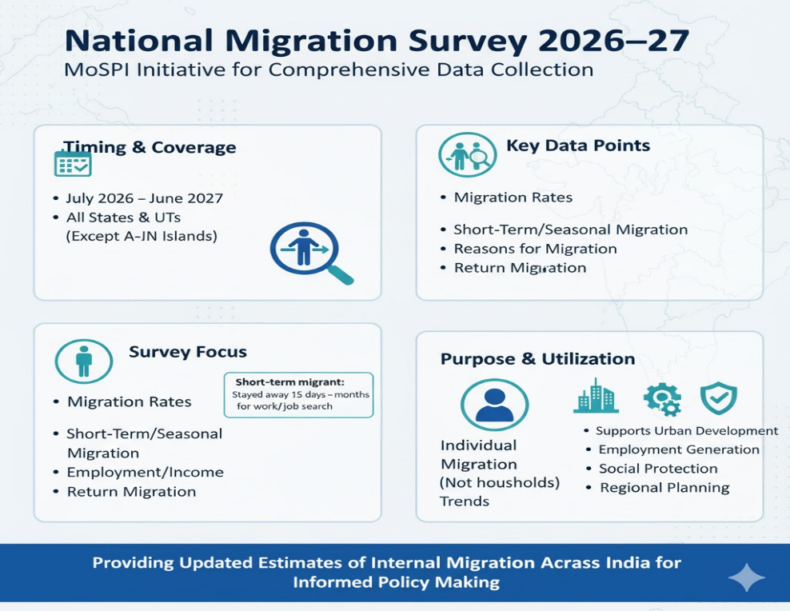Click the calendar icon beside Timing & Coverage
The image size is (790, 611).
(73, 163)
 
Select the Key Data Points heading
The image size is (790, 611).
(578, 146)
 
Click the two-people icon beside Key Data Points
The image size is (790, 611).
(468, 154)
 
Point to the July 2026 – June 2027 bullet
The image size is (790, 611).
(145, 198)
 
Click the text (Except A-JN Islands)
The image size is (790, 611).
(142, 236)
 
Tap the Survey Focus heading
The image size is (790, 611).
(188, 352)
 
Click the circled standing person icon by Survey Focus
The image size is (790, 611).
(84, 361)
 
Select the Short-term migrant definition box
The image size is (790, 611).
(299, 395)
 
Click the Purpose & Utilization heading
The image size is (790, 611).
(537, 359)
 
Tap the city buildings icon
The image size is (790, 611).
(596, 396)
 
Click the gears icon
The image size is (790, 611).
(663, 399)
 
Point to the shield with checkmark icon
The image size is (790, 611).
(719, 398)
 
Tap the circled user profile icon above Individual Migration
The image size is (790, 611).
(494, 405)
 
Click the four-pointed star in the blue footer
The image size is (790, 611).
(747, 577)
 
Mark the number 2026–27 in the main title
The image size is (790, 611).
(613, 41)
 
